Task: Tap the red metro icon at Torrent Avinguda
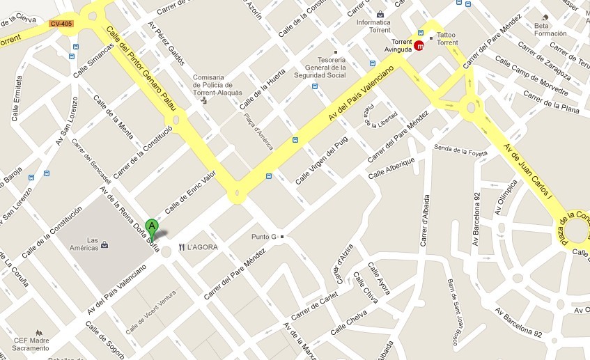click(x=419, y=46)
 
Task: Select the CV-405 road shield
click(x=61, y=24)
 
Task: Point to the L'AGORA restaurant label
click(x=202, y=246)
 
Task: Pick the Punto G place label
click(x=265, y=237)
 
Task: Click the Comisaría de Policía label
click(x=217, y=84)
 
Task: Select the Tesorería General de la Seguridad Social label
click(x=320, y=68)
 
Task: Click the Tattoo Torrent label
click(x=447, y=39)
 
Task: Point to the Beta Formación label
click(x=550, y=29)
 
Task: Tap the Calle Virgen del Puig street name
click(x=321, y=159)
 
